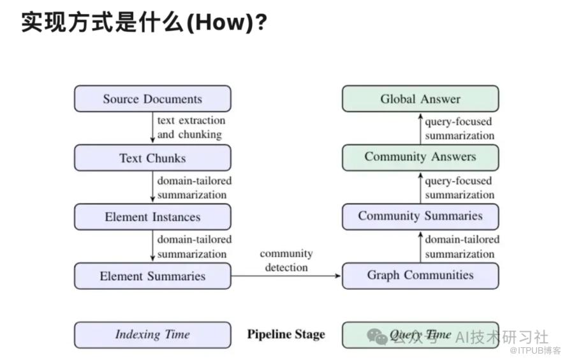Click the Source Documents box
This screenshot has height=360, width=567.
click(x=152, y=98)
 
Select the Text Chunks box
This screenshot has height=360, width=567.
click(x=152, y=158)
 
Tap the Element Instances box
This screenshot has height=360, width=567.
click(x=152, y=217)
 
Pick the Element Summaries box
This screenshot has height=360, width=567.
click(x=152, y=276)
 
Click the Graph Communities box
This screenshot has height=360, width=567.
click(x=420, y=276)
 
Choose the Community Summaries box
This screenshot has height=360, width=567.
click(x=420, y=217)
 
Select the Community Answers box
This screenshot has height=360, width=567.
click(x=420, y=158)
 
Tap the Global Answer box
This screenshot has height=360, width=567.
click(x=420, y=98)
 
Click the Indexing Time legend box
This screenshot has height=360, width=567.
click(x=152, y=335)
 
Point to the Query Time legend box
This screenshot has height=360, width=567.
click(x=420, y=335)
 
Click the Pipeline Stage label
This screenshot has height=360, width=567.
click(x=286, y=334)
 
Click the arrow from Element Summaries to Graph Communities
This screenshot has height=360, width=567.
click(x=286, y=276)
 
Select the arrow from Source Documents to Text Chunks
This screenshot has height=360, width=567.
click(x=152, y=128)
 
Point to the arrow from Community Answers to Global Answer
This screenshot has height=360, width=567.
click(x=420, y=129)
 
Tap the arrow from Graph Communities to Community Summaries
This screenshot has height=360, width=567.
click(x=420, y=247)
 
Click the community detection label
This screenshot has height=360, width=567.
click(x=286, y=260)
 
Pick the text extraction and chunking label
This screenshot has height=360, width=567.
click(x=191, y=128)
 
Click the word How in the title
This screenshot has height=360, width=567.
click(x=220, y=22)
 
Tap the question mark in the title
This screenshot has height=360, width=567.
click(x=261, y=22)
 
